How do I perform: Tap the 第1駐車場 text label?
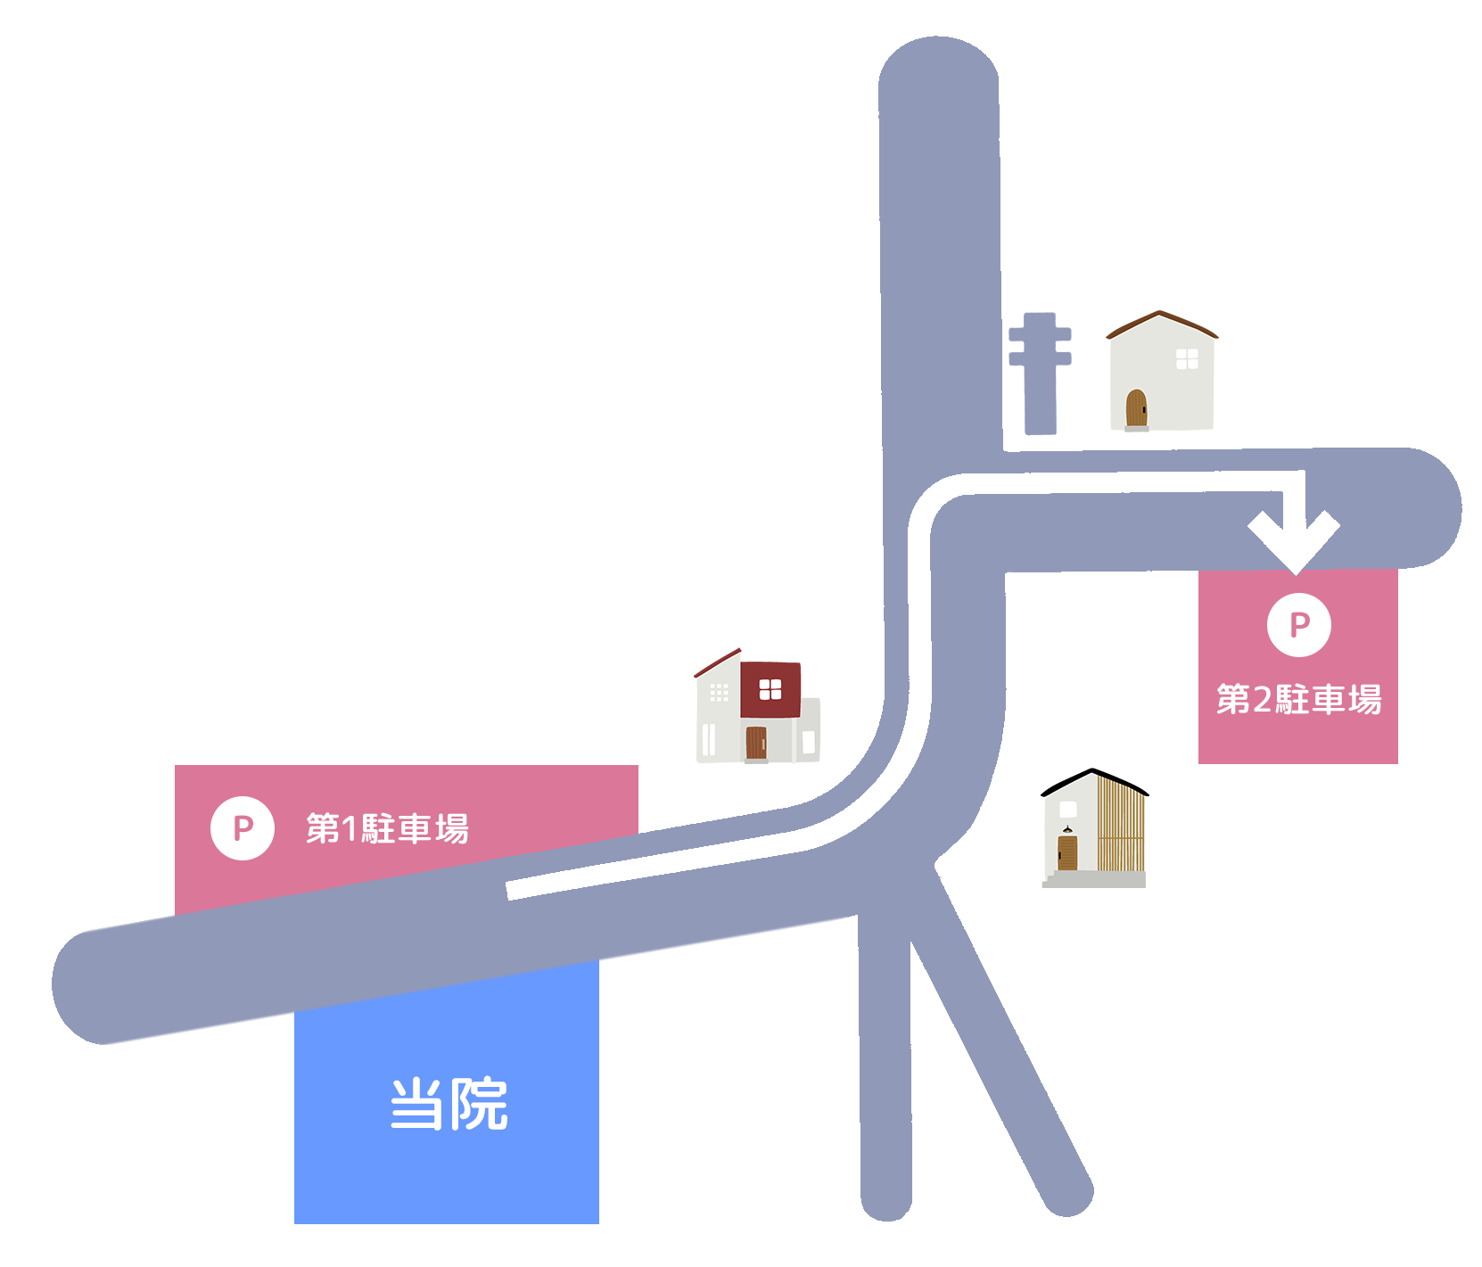(x=387, y=829)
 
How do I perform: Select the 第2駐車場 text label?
(x=1298, y=699)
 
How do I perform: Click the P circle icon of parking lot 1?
(x=242, y=828)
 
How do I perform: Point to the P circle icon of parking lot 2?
(x=1298, y=624)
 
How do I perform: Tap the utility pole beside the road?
(x=1040, y=373)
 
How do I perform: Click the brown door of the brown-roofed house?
(x=1136, y=408)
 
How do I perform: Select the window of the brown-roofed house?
(x=1187, y=358)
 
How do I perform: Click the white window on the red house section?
(x=770, y=689)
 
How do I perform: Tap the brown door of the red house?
(x=756, y=743)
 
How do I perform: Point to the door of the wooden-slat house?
(x=1066, y=852)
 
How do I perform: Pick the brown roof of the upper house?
(x=1161, y=323)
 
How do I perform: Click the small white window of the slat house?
(x=1067, y=810)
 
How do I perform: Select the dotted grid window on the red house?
(x=719, y=692)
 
